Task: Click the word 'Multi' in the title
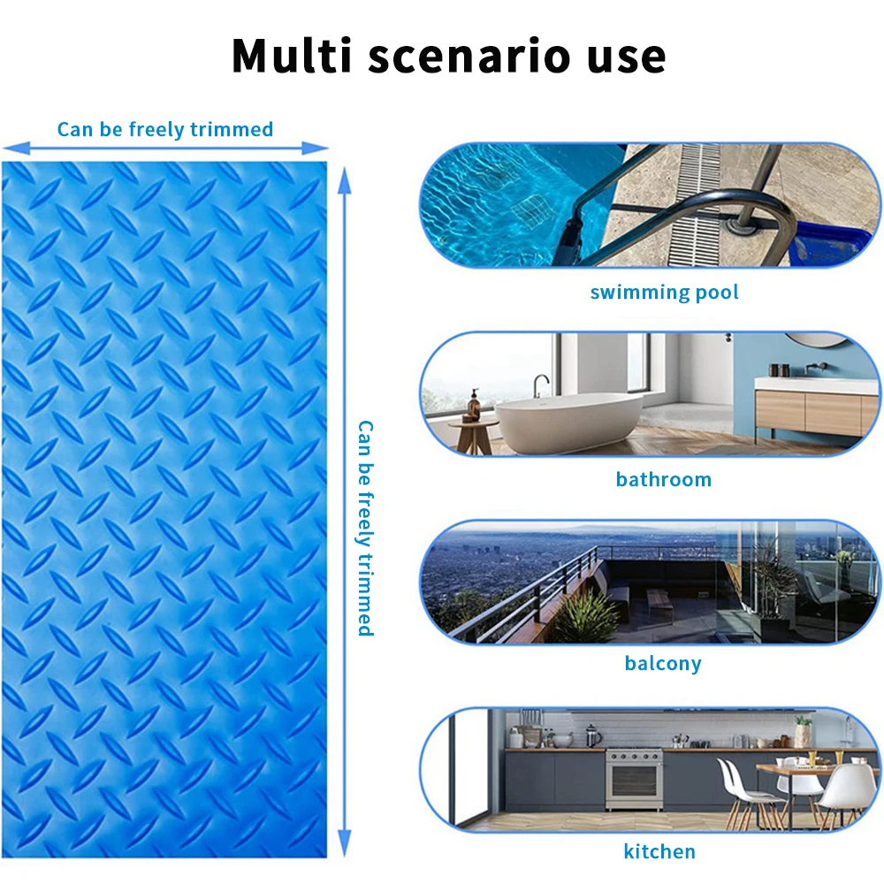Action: pos(292,55)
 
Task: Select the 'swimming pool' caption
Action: pos(664,293)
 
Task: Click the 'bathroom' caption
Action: pos(664,480)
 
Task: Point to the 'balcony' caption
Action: pos(663,664)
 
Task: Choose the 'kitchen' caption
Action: pos(659,851)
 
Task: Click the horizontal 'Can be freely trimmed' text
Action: pos(165,130)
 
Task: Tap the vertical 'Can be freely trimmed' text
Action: pos(365,529)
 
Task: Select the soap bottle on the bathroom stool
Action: pos(474,405)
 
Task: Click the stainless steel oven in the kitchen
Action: pos(634,779)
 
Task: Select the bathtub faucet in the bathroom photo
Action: pos(541,385)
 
